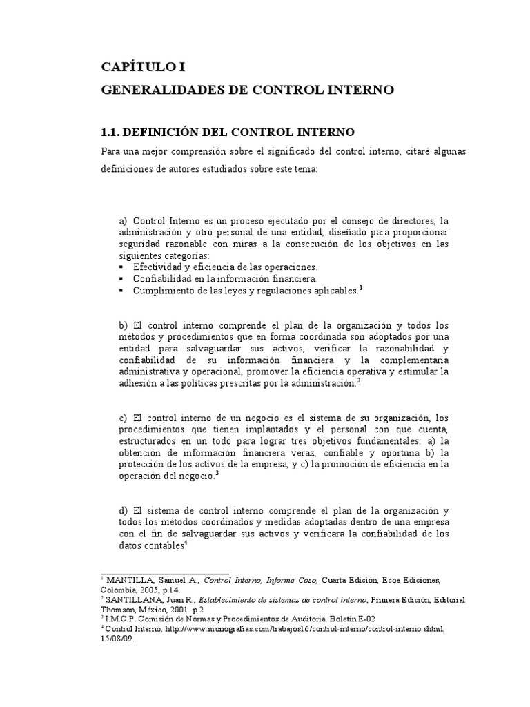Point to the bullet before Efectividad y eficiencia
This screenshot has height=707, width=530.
click(122, 267)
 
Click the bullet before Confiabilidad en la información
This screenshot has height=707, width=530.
click(122, 279)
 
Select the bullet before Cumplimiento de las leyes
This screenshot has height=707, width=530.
click(122, 291)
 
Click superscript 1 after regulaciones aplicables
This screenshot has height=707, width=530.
click(360, 289)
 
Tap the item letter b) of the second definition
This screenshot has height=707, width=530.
click(124, 325)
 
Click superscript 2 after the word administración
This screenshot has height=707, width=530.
click(359, 381)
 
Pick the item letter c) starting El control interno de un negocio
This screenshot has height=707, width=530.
click(124, 418)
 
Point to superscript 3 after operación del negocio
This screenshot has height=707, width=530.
click(217, 474)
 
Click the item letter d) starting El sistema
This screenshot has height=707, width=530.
click(124, 510)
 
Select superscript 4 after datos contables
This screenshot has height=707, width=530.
click(186, 543)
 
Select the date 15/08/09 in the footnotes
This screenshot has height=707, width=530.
click(117, 639)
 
